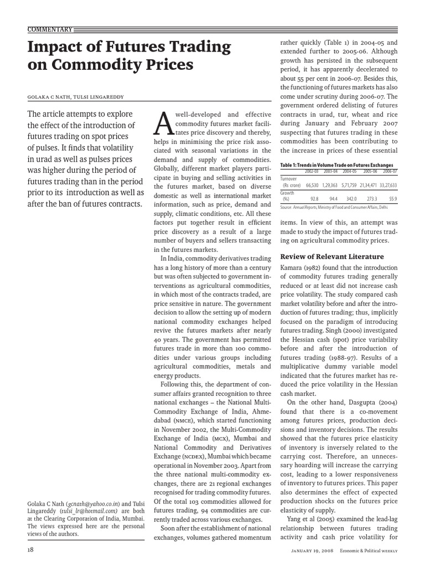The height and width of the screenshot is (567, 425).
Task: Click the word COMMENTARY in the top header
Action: [49, 29]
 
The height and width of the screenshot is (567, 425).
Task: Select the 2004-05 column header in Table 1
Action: [349, 172]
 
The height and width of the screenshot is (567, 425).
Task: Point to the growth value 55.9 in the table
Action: [392, 199]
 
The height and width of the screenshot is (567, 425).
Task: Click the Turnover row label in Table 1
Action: [289, 179]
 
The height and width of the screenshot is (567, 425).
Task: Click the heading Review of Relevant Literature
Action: [332, 256]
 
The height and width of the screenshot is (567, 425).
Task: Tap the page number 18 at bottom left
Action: [30, 549]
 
